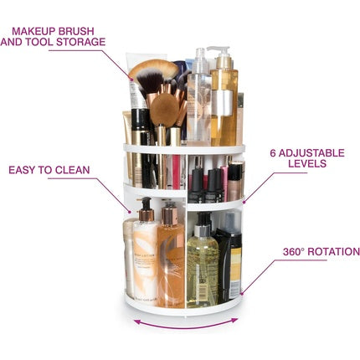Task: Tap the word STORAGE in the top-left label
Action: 81,42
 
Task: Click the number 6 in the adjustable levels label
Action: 273,153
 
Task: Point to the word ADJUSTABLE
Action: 311,153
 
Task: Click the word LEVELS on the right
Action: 307,163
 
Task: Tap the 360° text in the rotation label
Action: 293,252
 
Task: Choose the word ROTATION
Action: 333,252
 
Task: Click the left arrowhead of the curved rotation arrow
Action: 137,321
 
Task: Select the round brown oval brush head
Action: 165,110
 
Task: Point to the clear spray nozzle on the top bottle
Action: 200,59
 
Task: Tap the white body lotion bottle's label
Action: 145,261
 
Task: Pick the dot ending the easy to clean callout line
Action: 130,212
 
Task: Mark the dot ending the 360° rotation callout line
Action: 242,293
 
